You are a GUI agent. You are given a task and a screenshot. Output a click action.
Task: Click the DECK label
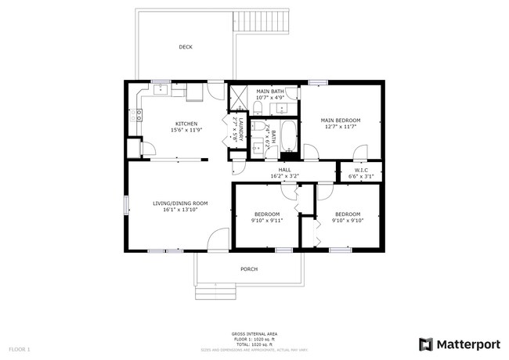point(186,47)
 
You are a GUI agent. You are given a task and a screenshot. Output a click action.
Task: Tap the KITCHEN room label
point(186,124)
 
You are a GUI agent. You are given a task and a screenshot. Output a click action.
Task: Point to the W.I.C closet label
point(361,170)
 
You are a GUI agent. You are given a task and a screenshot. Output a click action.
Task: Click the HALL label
point(284,170)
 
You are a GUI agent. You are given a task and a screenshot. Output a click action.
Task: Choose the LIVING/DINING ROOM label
point(179,203)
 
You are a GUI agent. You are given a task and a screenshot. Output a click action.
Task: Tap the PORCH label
point(249,269)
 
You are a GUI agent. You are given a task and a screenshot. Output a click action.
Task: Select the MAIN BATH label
point(271,92)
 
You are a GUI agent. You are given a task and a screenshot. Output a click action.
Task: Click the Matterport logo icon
point(425,344)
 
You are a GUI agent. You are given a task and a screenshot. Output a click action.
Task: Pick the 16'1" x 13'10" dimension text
point(179,210)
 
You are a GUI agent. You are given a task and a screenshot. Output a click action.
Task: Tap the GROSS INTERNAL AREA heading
point(254,334)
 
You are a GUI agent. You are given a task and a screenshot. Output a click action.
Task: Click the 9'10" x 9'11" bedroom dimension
point(267,221)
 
